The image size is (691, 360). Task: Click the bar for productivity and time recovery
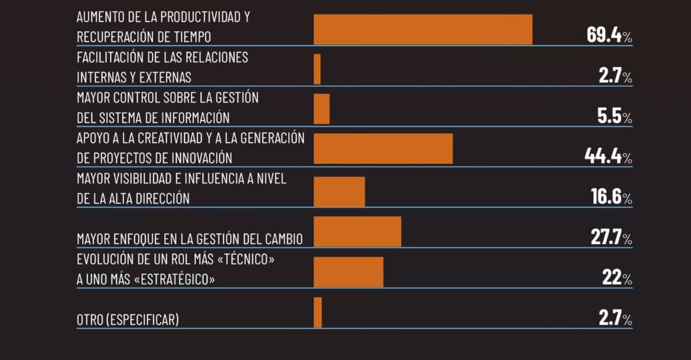(x=423, y=30)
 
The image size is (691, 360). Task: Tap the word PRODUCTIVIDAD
(x=192, y=17)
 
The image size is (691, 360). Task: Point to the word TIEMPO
(x=191, y=37)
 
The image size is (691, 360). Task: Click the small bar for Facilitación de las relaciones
(x=317, y=69)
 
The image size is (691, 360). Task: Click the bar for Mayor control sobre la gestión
(x=322, y=109)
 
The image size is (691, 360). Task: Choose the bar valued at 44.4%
(x=383, y=149)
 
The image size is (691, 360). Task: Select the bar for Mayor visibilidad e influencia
(x=339, y=192)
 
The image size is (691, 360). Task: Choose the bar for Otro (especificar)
(x=318, y=312)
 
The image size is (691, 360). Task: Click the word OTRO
(x=89, y=320)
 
